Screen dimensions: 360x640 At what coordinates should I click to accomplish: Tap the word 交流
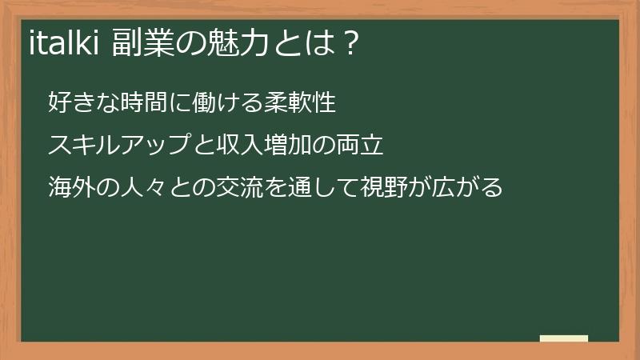point(238,188)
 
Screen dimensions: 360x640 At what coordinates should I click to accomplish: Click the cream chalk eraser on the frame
point(564,338)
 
